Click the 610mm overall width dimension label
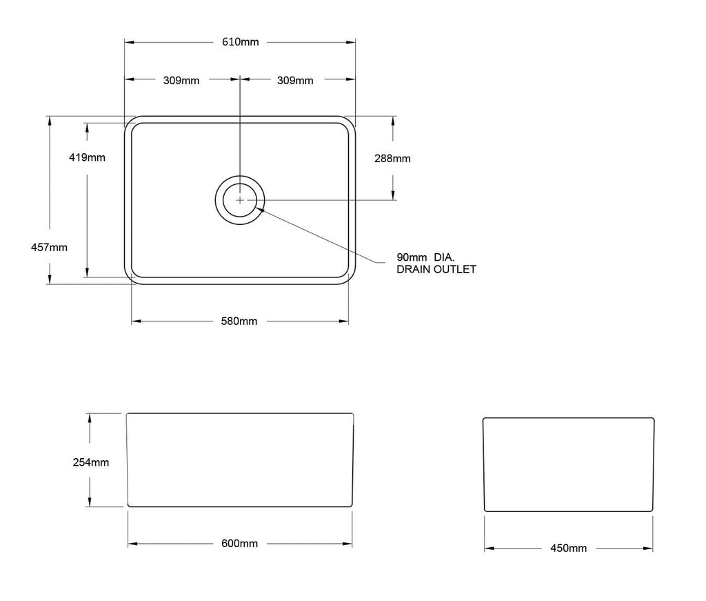pyautogui.click(x=240, y=42)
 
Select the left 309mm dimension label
pyautogui.click(x=181, y=80)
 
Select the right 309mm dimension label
pyautogui.click(x=295, y=80)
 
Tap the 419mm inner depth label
pyautogui.click(x=87, y=157)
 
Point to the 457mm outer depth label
pyautogui.click(x=50, y=247)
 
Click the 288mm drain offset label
pyautogui.click(x=392, y=158)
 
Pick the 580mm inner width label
pyautogui.click(x=239, y=322)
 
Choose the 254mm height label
pyautogui.click(x=90, y=462)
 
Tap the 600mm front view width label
pyautogui.click(x=239, y=544)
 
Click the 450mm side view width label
pyautogui.click(x=569, y=549)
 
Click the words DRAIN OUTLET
pyautogui.click(x=436, y=269)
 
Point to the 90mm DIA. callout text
pyautogui.click(x=421, y=256)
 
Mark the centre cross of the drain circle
pyautogui.click(x=239, y=200)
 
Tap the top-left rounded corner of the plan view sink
pyautogui.click(x=129, y=121)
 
